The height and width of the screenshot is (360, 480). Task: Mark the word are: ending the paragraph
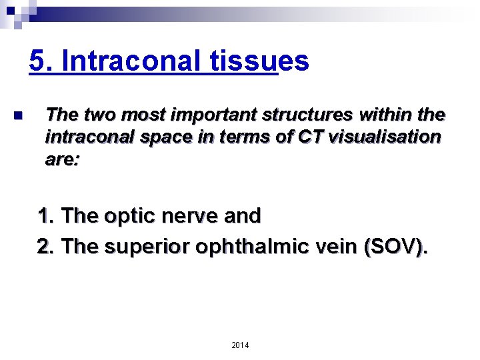pos(62,160)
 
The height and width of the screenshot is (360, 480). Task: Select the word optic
pos(133,216)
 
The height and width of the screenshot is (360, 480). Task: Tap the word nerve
pos(191,216)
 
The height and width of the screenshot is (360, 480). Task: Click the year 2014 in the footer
pos(240,345)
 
